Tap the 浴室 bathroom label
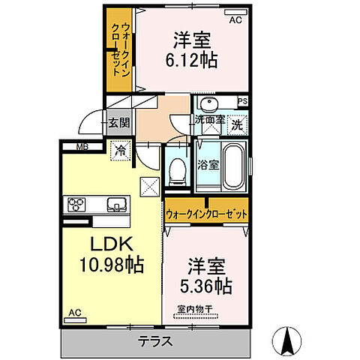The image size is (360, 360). (209, 165)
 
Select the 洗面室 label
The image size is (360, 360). (211, 119)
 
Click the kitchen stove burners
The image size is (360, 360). (79, 203)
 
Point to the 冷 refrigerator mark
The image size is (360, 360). (120, 150)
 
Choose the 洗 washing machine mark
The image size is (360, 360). (237, 124)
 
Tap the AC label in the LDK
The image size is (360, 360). (75, 313)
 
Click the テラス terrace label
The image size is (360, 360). (156, 340)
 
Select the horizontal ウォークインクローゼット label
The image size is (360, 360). (206, 213)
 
